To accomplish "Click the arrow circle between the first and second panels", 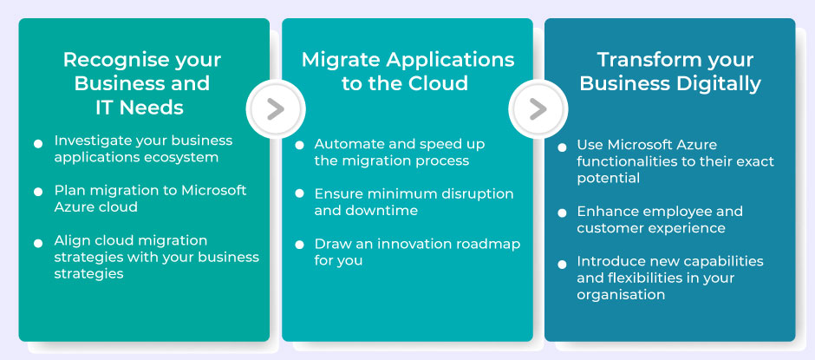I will (x=275, y=108).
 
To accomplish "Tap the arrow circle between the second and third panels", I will (x=538, y=108).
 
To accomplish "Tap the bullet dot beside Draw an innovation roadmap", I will (x=300, y=245).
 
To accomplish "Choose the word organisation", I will (x=621, y=295).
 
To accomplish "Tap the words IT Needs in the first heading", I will (x=140, y=108).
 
